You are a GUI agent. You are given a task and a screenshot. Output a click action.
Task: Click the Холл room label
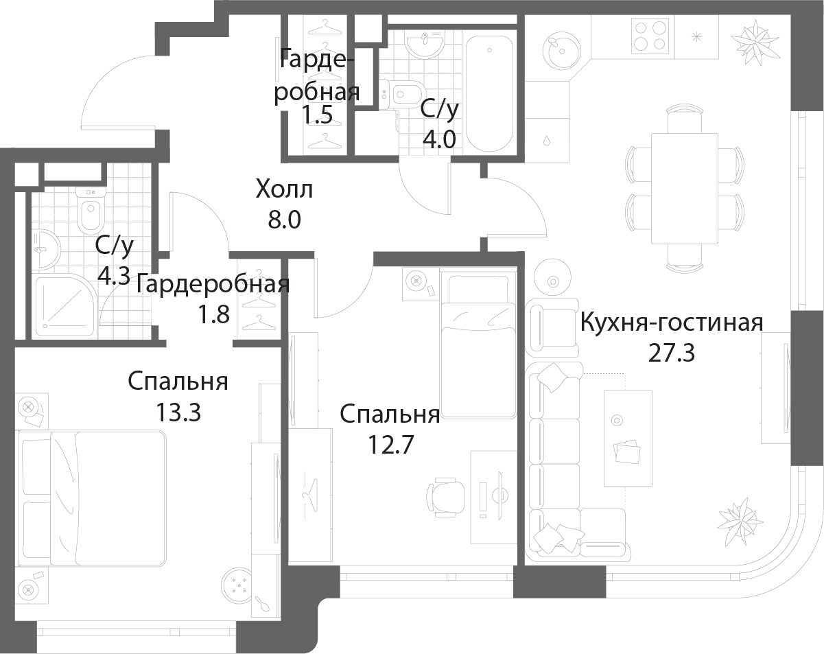(x=284, y=189)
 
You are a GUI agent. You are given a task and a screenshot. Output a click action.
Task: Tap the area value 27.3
(x=671, y=353)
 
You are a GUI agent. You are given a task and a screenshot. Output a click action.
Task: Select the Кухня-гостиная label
(x=672, y=323)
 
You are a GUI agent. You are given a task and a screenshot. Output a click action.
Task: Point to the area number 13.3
(x=178, y=412)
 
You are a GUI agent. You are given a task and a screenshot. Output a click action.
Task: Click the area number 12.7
(x=390, y=445)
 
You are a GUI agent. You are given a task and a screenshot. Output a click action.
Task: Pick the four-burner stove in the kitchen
(x=650, y=36)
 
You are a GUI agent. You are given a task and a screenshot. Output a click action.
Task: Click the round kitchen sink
(x=561, y=51)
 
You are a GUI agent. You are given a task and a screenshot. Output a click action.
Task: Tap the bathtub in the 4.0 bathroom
(x=489, y=94)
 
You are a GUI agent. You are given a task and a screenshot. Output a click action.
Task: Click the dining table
(x=685, y=189)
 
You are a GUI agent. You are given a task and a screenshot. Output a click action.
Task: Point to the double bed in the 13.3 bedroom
(x=92, y=498)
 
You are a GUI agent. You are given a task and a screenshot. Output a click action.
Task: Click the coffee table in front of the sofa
(x=628, y=438)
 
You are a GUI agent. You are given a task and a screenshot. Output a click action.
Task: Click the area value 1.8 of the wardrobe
(x=213, y=314)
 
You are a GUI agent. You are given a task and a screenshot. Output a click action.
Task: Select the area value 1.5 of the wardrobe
(x=317, y=115)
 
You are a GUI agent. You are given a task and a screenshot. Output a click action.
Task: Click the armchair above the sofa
(x=552, y=327)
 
